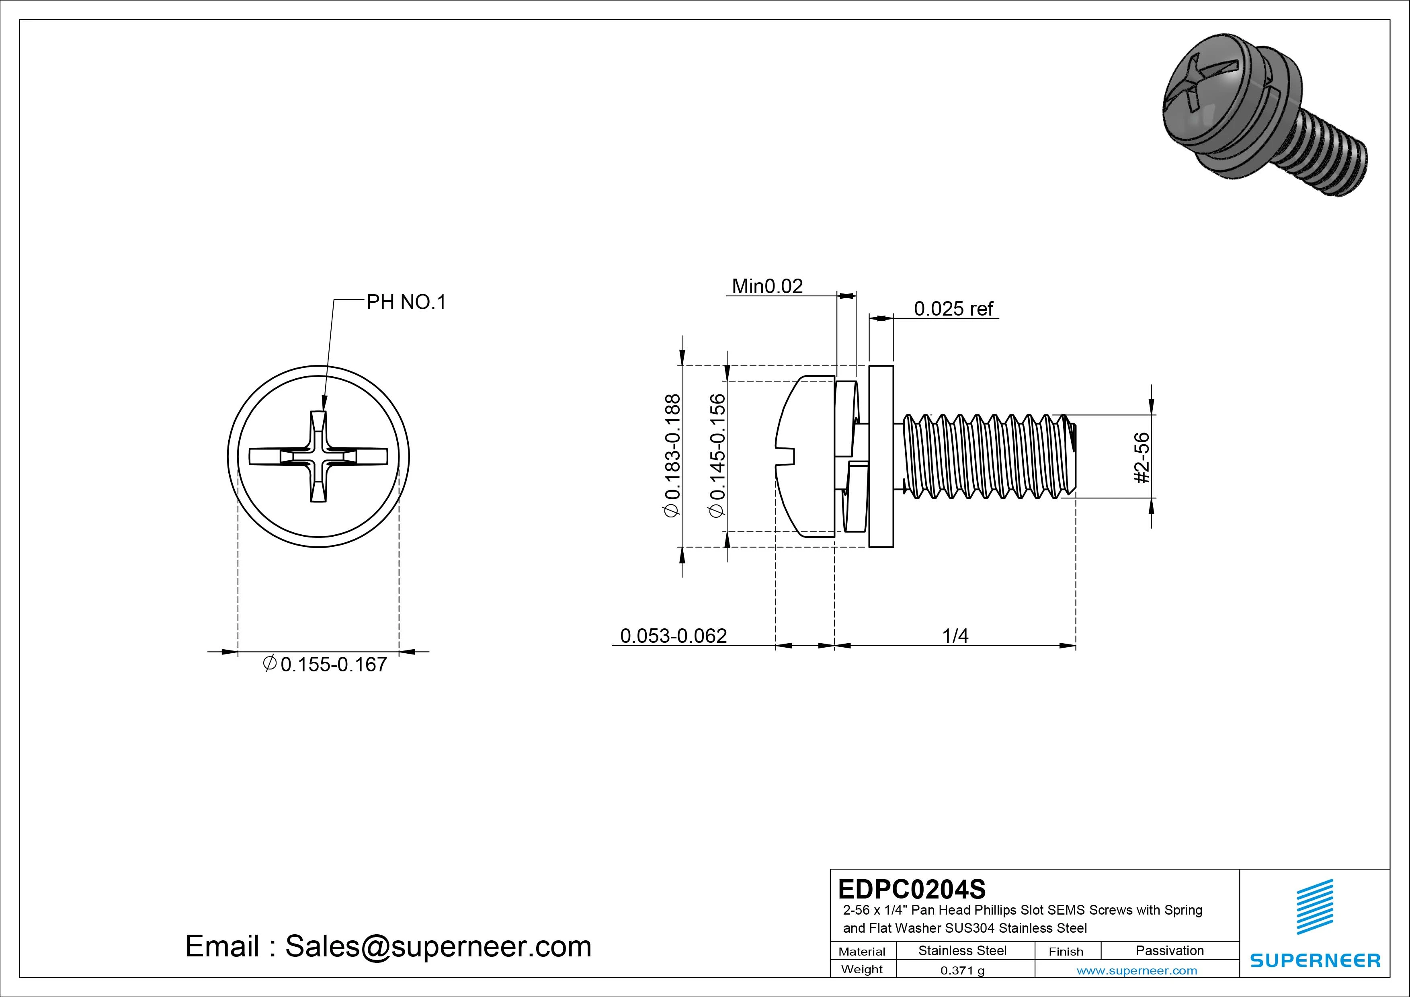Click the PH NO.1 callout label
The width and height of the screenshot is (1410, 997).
coord(406,302)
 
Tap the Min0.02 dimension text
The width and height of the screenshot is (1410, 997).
coord(767,286)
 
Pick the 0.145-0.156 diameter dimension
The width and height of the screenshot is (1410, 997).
coord(717,456)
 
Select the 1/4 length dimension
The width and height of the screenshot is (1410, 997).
coord(955,636)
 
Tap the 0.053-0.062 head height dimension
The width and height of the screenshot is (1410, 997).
coord(673,636)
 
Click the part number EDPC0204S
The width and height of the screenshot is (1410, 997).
coord(911,889)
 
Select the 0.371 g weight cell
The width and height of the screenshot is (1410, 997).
coord(962,970)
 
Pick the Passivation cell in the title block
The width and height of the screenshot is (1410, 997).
coord(1169,950)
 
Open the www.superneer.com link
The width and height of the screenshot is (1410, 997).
coord(1137,970)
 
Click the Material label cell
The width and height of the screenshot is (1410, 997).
coord(862,952)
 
